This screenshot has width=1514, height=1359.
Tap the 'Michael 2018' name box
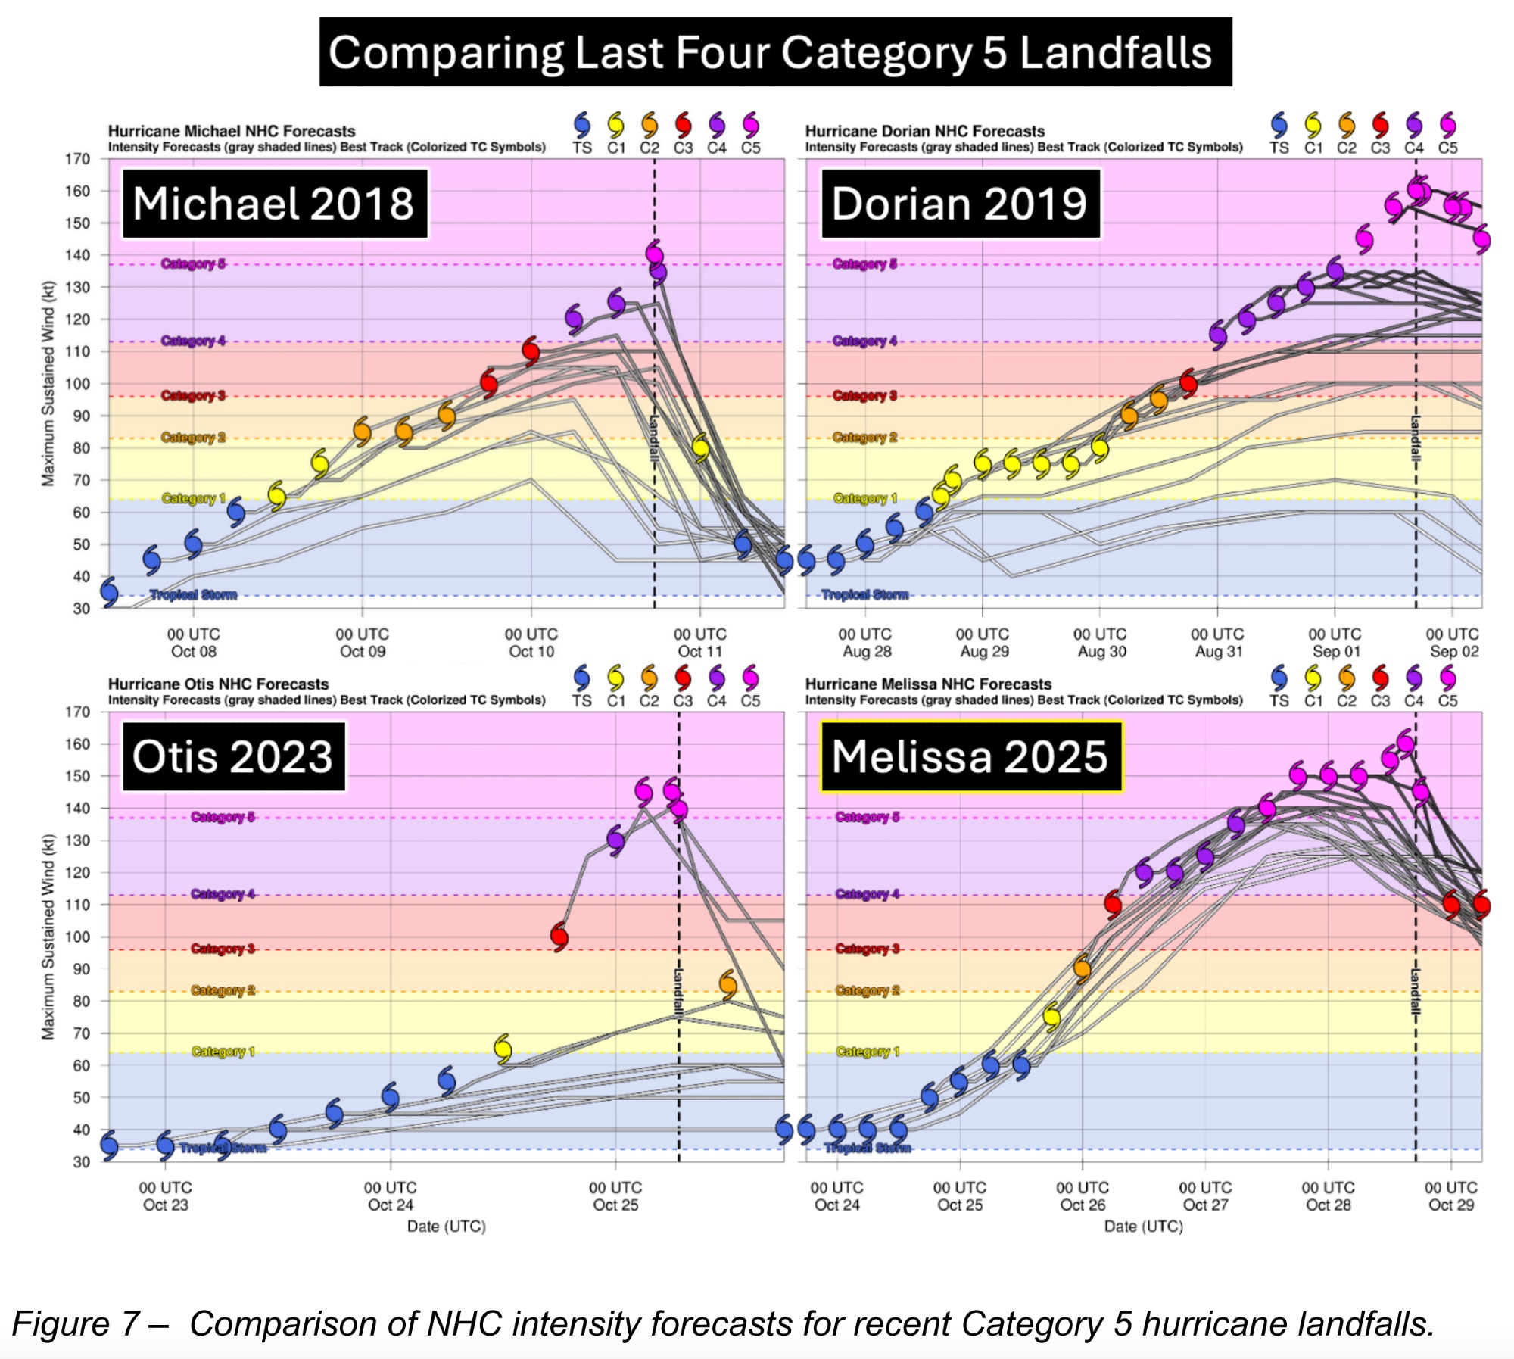pyautogui.click(x=275, y=204)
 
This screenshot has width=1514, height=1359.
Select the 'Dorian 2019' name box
pyautogui.click(x=960, y=204)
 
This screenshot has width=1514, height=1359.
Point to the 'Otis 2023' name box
pyautogui.click(x=233, y=756)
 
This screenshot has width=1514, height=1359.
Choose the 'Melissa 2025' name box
pyautogui.click(x=970, y=756)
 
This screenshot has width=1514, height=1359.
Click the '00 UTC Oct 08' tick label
pyautogui.click(x=194, y=643)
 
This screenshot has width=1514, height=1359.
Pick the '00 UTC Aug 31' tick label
pyautogui.click(x=1217, y=643)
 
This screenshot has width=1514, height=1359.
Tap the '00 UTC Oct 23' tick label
pyautogui.click(x=166, y=1195)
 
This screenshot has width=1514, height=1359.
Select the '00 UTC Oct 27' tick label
pyautogui.click(x=1205, y=1195)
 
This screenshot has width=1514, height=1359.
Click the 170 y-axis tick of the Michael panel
pyautogui.click(x=78, y=159)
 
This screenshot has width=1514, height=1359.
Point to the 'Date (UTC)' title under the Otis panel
pyautogui.click(x=447, y=1226)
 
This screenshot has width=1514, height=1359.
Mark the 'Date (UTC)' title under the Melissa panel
pyautogui.click(x=1143, y=1226)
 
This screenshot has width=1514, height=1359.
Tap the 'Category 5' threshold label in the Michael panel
pyautogui.click(x=193, y=263)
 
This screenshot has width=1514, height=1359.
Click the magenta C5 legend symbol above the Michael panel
pyautogui.click(x=750, y=124)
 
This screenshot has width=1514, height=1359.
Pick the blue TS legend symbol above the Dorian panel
pyautogui.click(x=1279, y=124)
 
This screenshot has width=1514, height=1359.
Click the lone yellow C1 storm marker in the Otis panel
pyautogui.click(x=503, y=1049)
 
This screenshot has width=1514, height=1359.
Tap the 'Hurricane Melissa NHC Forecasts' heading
pyautogui.click(x=928, y=684)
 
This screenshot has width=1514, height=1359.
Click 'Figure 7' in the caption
pyautogui.click(x=76, y=1323)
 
